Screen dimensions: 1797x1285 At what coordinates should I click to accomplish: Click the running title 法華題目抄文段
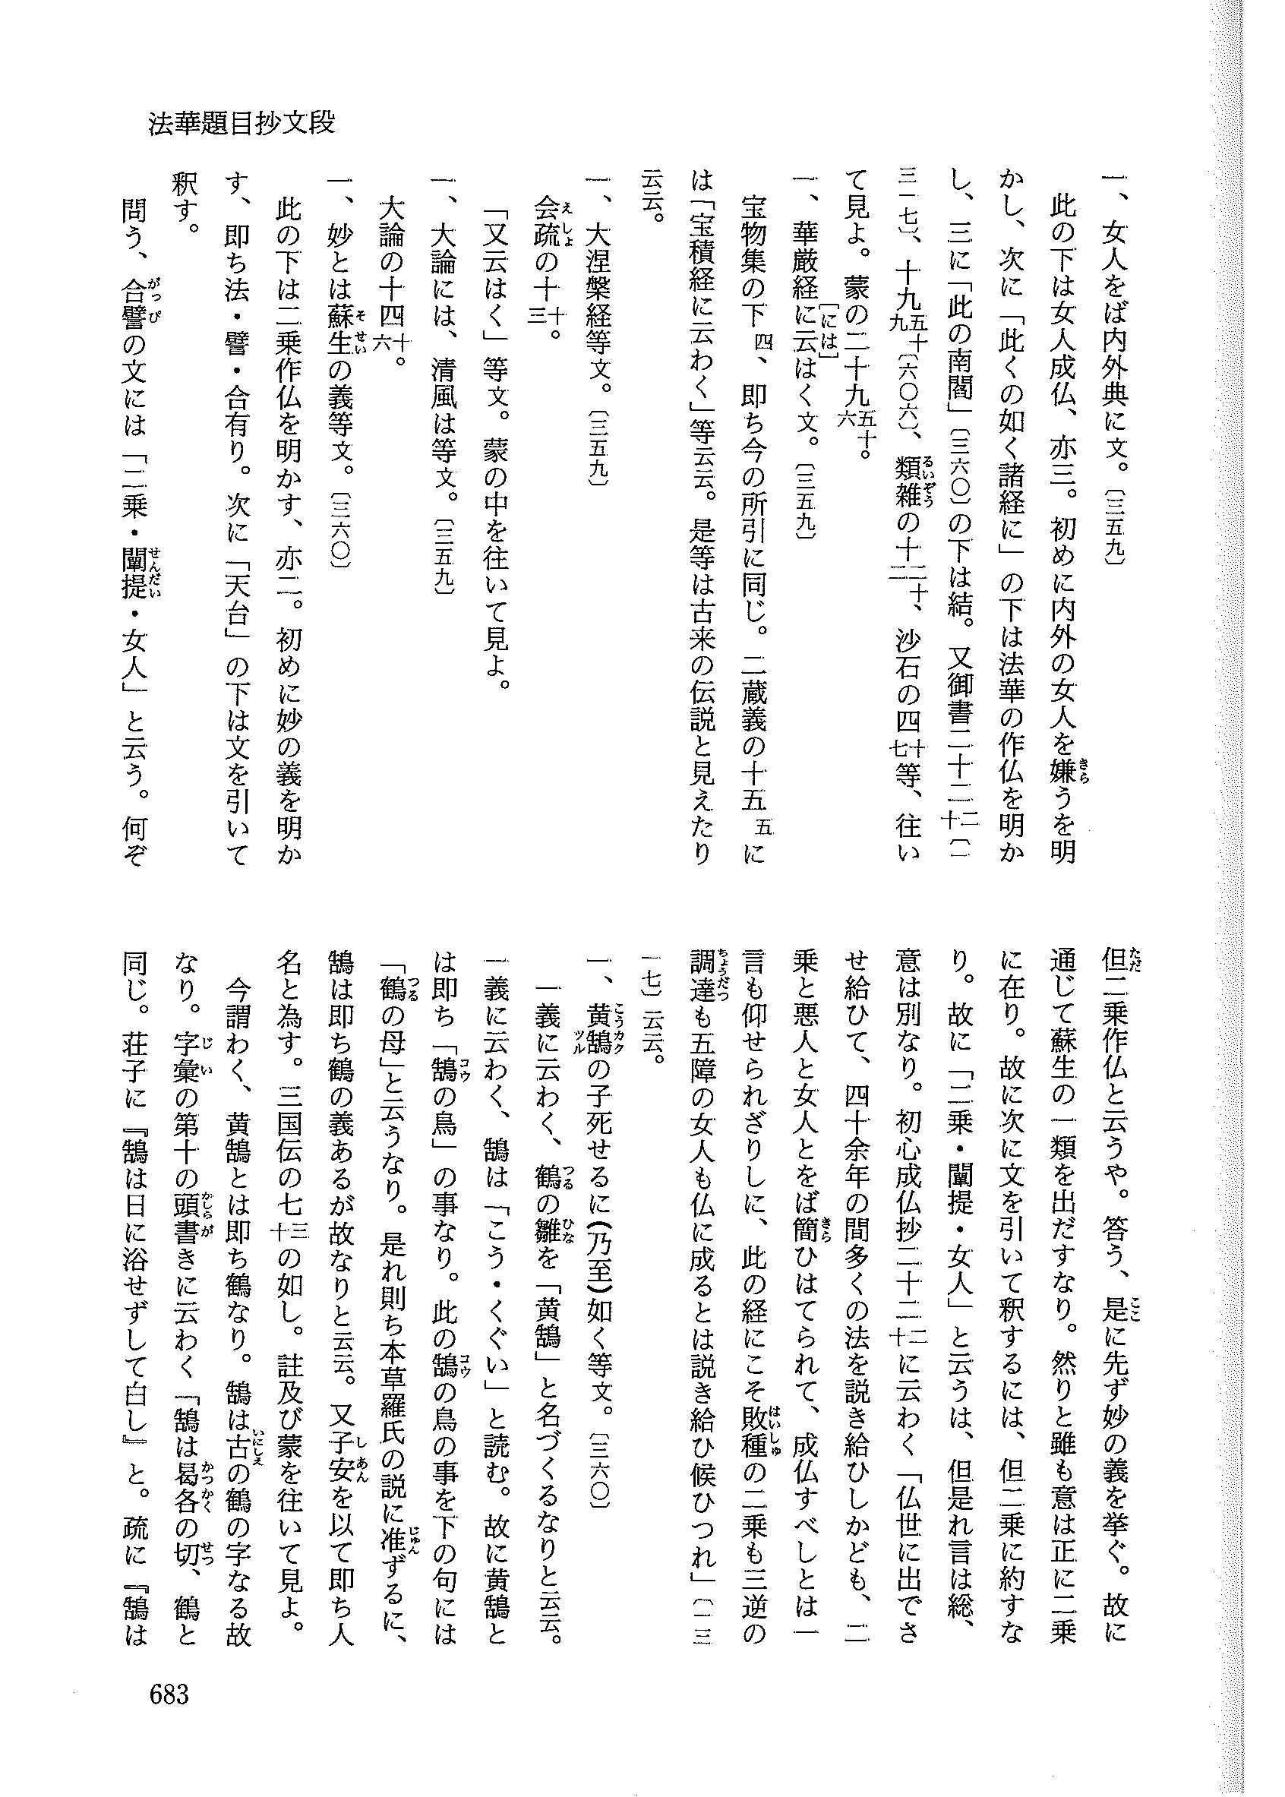tap(242, 124)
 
